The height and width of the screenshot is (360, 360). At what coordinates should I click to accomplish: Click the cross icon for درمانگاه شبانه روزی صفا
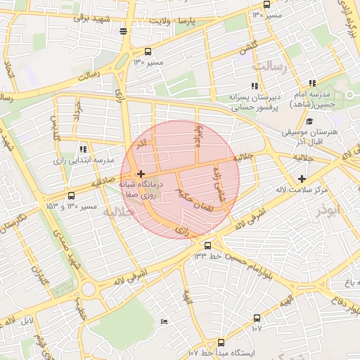pos(141,174)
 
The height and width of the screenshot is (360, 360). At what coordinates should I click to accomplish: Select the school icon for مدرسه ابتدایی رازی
pos(83,148)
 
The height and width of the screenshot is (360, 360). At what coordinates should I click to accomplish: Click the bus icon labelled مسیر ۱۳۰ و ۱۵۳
pos(71,196)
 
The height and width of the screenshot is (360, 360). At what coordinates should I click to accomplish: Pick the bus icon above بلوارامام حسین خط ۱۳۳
pos(207,245)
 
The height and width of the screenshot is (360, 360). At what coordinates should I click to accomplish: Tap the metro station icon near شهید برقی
pos(124,31)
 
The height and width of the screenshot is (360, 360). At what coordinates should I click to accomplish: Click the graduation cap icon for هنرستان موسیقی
pos(309,121)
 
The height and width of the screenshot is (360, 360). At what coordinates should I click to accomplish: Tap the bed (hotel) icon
pos(164,321)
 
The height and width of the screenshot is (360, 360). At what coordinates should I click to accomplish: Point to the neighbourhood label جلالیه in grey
pos(117,211)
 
